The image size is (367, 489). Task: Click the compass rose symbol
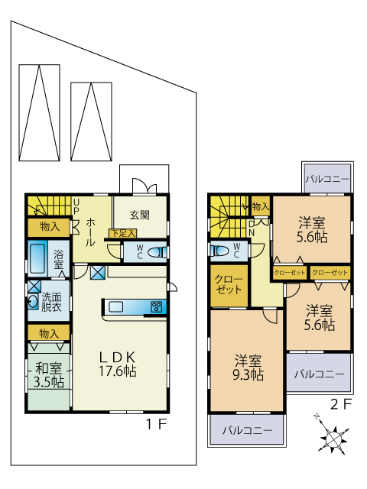point(333,436)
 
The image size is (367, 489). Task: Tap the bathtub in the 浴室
point(37,258)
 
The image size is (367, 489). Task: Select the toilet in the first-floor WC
point(158,252)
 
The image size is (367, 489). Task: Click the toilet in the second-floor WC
point(219,251)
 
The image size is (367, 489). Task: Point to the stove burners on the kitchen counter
point(156,307)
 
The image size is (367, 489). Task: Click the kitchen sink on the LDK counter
point(115,307)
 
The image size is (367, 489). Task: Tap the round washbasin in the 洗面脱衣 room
point(33,301)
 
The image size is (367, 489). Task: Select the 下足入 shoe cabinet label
point(123,233)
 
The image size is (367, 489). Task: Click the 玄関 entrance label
point(139,215)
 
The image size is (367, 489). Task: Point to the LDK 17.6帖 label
point(118,364)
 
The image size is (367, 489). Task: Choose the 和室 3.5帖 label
point(49,375)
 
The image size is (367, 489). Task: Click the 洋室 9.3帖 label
point(248,368)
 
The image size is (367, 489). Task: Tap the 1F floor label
point(157,424)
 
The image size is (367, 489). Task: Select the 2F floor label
point(341,404)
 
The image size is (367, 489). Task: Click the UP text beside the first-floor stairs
point(76,207)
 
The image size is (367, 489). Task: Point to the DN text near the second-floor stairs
point(252,228)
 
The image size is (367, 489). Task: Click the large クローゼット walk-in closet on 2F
point(229,285)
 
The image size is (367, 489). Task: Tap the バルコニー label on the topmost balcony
point(327,180)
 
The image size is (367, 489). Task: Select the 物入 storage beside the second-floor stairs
point(260,206)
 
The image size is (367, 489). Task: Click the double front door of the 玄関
point(145,186)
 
